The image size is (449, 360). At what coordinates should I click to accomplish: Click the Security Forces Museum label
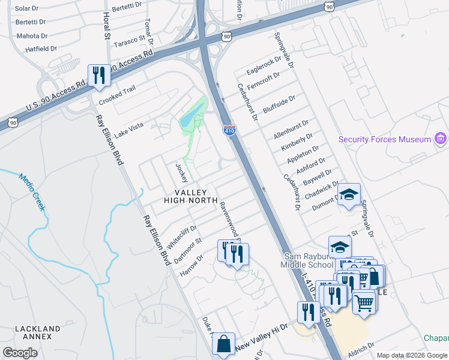point(385,139)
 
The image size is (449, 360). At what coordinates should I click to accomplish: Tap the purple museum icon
point(441,139)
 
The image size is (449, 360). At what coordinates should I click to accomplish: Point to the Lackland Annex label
point(37,333)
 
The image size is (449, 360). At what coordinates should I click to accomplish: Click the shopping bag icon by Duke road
point(223,344)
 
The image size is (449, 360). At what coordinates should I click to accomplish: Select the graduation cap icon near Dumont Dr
point(348,194)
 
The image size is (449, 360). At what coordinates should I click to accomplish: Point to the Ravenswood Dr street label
point(229,218)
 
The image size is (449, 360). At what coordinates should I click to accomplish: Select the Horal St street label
point(107,26)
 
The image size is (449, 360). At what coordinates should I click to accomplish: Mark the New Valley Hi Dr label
point(261,338)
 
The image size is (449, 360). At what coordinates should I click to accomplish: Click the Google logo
point(20,353)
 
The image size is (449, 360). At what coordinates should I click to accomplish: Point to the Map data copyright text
point(411,355)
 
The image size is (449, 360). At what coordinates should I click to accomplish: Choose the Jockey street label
point(181,172)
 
